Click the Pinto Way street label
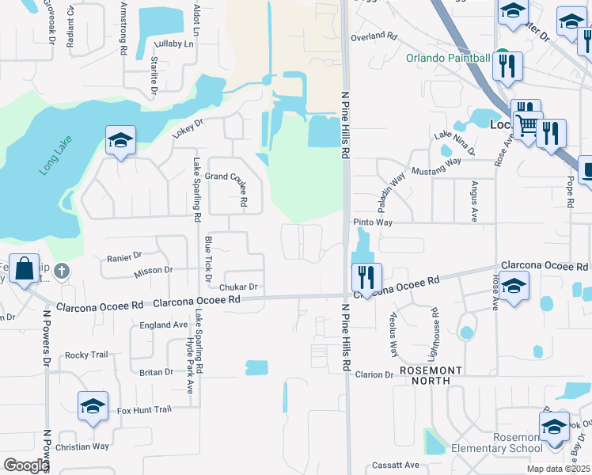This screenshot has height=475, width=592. (x=373, y=223)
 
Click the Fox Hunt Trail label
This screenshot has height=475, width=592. (x=144, y=409)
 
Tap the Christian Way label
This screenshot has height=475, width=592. (x=82, y=446)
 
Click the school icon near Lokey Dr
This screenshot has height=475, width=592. (x=120, y=141)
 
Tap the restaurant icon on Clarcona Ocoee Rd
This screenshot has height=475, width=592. (x=366, y=277)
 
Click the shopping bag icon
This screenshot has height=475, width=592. (x=25, y=269)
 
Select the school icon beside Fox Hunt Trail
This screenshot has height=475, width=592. (x=93, y=407)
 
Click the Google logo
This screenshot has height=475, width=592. (x=26, y=465)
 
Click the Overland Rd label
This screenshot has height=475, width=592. (x=374, y=36)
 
